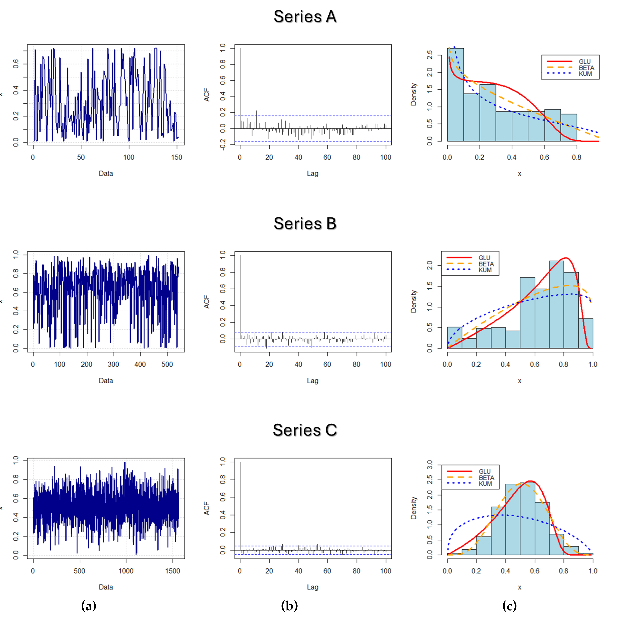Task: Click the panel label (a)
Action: (89, 605)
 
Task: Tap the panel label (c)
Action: (509, 605)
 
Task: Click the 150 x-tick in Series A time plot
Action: (177, 157)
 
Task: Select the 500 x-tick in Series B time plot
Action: (167, 364)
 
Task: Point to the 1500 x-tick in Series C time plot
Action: (172, 571)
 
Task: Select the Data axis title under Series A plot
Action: (106, 174)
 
